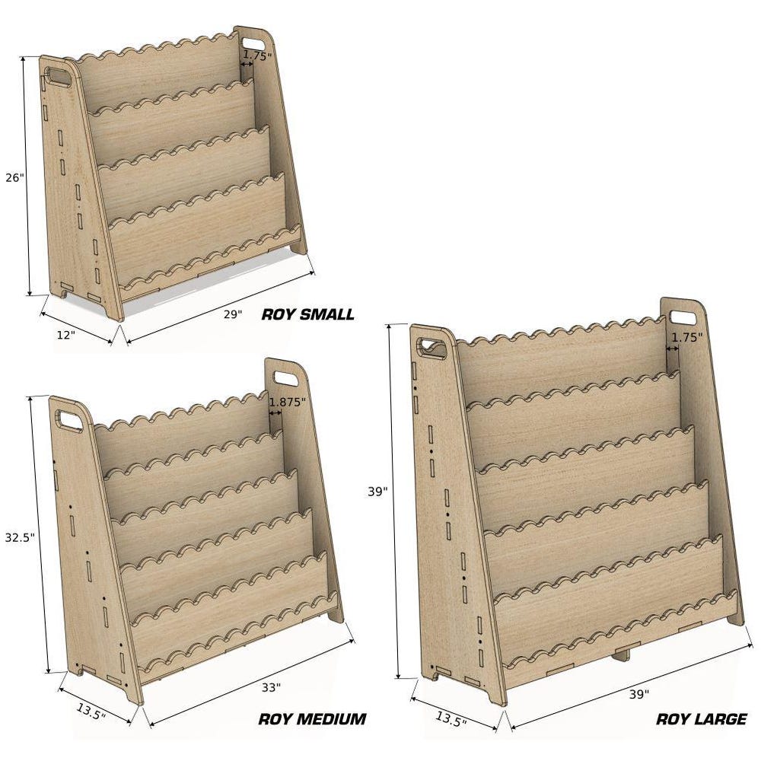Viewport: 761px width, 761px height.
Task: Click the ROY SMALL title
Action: tap(307, 314)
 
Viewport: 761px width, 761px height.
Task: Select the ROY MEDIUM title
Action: tap(312, 719)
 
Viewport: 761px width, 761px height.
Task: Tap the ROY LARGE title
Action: tap(702, 719)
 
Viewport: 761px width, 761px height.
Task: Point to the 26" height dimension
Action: tap(14, 177)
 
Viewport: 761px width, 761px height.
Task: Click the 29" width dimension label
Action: tap(233, 314)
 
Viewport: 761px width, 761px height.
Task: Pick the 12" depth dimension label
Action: tap(65, 335)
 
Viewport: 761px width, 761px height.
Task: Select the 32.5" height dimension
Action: tap(20, 537)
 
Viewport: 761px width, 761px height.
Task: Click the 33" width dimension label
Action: tap(271, 687)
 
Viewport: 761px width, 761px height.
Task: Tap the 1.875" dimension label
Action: tap(288, 402)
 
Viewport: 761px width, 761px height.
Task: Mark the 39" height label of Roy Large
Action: tap(377, 492)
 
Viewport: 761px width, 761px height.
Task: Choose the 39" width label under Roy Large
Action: tap(639, 695)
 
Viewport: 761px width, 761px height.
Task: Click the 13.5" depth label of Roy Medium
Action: tap(91, 712)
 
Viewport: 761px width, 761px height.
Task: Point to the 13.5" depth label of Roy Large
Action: tap(451, 719)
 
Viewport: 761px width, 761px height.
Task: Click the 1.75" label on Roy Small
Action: tap(257, 56)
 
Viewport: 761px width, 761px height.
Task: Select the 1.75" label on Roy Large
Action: tap(686, 337)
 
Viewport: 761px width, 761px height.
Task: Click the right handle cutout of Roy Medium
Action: tap(286, 378)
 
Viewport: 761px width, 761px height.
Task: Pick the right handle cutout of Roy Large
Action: tap(683, 318)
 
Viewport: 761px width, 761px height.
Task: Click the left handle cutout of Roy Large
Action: tap(431, 348)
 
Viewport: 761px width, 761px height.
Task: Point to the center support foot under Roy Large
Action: tap(621, 653)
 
